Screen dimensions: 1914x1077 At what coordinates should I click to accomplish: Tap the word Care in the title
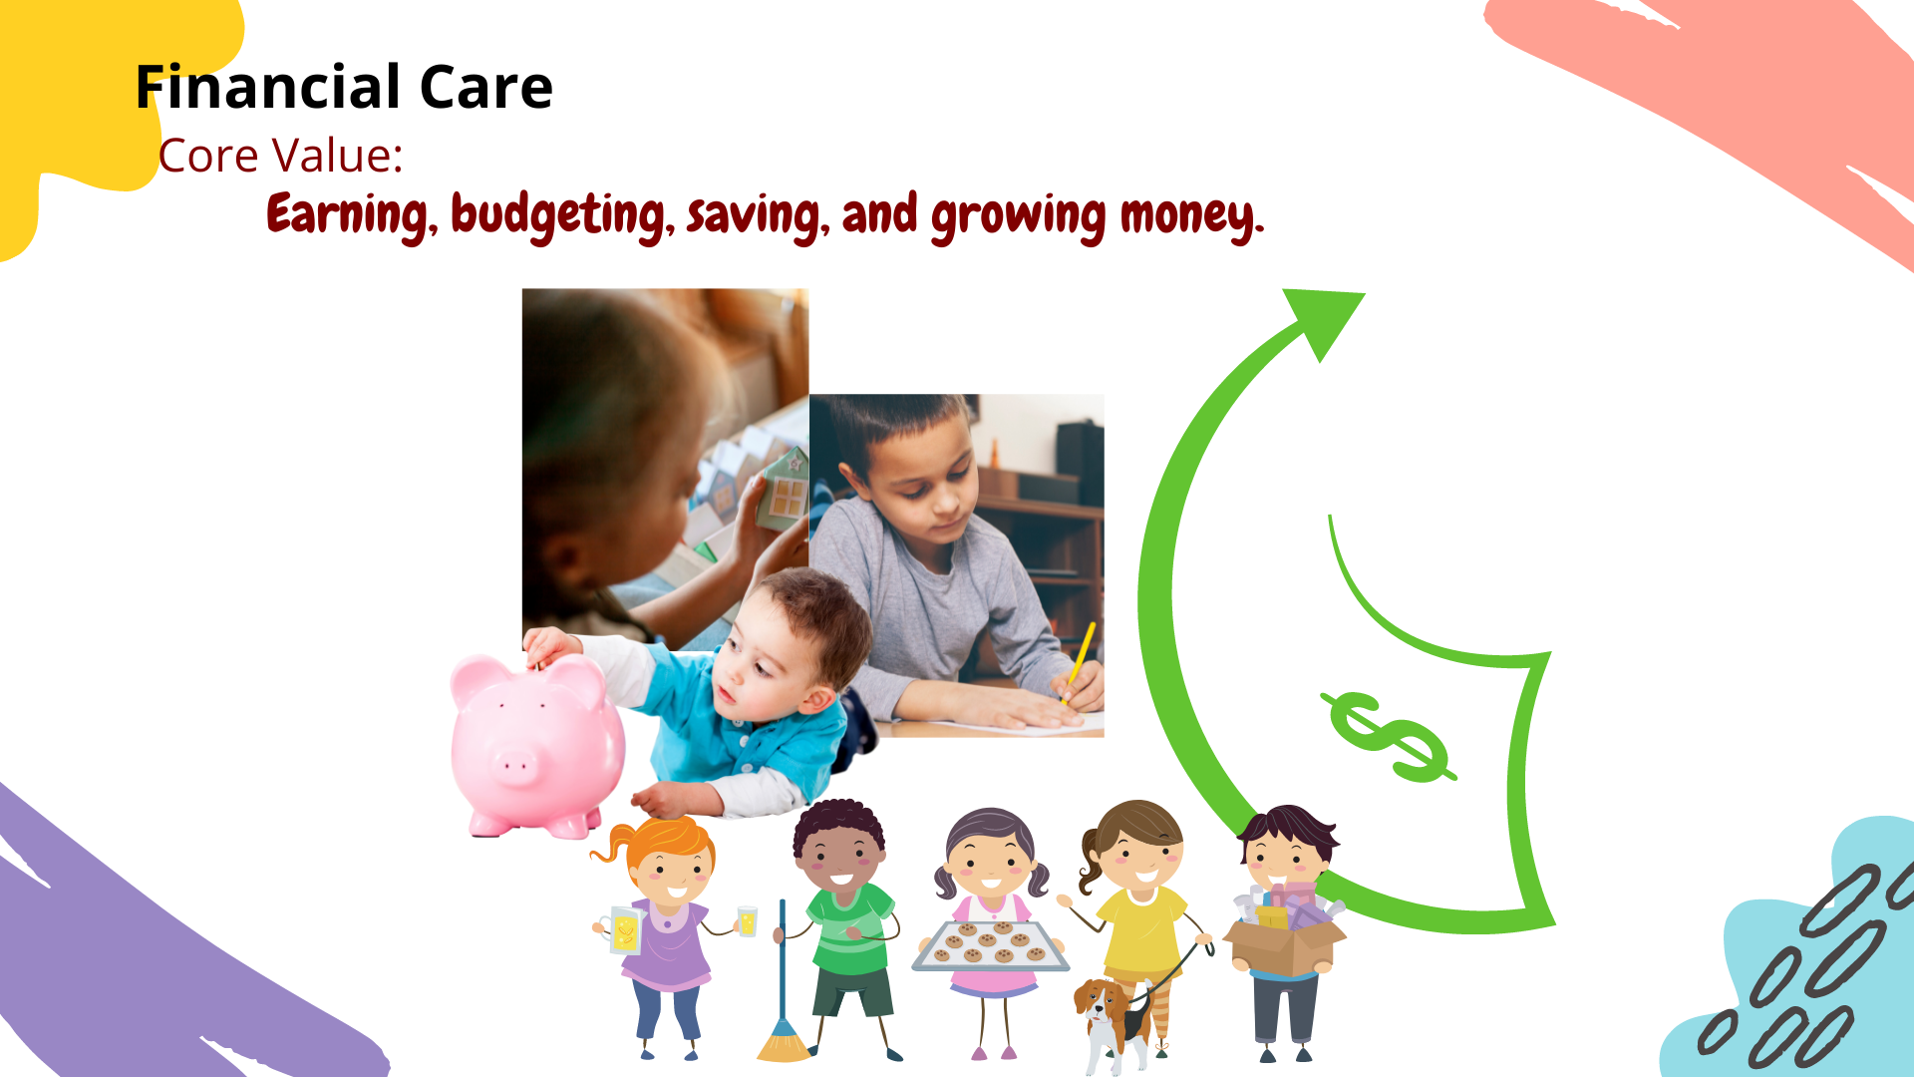[486, 87]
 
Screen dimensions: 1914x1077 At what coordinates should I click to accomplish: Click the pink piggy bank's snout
[514, 765]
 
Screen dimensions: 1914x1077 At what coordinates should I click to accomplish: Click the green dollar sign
[1388, 736]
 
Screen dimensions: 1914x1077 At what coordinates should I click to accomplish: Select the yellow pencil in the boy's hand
[1081, 659]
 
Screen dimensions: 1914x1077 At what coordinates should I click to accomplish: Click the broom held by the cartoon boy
[784, 982]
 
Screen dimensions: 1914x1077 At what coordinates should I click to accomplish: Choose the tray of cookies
[991, 946]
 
